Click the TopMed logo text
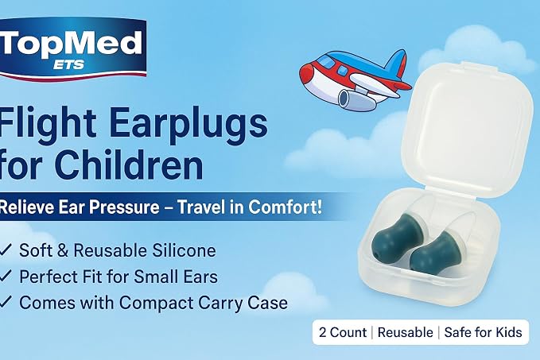pos(71,44)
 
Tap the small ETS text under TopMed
pos(68,64)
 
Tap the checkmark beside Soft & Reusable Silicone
pos(6,250)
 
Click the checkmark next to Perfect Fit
pos(6,276)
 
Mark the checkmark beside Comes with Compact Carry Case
pos(6,302)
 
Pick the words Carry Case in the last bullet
pos(243,303)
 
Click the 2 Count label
pos(343,332)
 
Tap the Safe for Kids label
pos(484,332)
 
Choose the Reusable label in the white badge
pos(406,332)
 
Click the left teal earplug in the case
pos(395,237)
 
